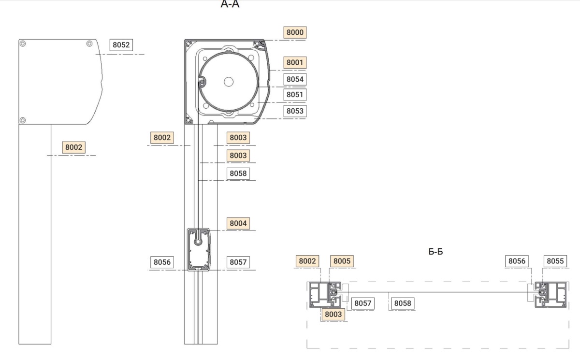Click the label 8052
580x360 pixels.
click(x=121, y=45)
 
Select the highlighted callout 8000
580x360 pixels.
click(x=295, y=32)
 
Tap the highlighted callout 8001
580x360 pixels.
click(x=295, y=62)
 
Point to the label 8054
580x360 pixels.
click(x=295, y=79)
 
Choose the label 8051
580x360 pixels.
click(x=295, y=94)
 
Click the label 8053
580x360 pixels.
click(x=295, y=111)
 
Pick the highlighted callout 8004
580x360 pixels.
click(x=238, y=223)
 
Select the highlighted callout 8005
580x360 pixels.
click(x=342, y=261)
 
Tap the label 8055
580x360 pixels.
click(x=555, y=261)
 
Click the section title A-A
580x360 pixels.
click(x=230, y=5)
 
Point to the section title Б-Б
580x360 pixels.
click(x=435, y=252)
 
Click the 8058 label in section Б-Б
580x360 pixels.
click(x=402, y=303)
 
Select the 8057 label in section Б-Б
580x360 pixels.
click(x=362, y=303)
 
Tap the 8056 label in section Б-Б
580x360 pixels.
click(x=517, y=261)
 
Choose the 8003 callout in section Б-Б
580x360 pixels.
click(x=333, y=314)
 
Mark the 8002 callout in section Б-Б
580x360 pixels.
click(x=307, y=261)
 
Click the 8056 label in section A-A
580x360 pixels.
click(x=162, y=262)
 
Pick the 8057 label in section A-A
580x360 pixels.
click(x=238, y=262)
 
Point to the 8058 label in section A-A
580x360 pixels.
click(x=238, y=173)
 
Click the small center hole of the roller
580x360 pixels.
click(x=229, y=81)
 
